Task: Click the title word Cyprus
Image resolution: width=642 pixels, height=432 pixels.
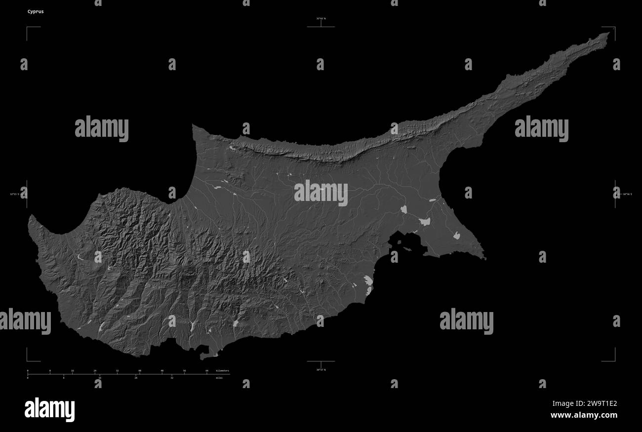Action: pyautogui.click(x=36, y=11)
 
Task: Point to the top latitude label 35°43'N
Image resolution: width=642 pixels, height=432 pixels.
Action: pyautogui.click(x=321, y=19)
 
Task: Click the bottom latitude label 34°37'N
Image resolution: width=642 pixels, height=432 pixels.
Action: pyautogui.click(x=321, y=369)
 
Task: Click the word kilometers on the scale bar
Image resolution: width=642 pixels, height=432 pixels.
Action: pyautogui.click(x=222, y=370)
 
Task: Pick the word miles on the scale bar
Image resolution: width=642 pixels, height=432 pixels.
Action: pyautogui.click(x=219, y=378)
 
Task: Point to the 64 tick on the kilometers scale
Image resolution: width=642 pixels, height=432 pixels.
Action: pyautogui.click(x=207, y=370)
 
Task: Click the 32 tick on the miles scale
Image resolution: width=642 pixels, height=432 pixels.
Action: pyautogui.click(x=172, y=378)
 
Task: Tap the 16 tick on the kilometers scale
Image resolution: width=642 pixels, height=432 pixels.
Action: pyautogui.click(x=73, y=370)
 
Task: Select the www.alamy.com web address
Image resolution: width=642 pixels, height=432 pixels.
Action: pyautogui.click(x=584, y=416)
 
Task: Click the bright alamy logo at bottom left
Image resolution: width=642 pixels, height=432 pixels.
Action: pyautogui.click(x=49, y=410)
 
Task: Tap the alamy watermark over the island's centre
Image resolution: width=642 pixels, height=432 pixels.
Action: pyautogui.click(x=321, y=193)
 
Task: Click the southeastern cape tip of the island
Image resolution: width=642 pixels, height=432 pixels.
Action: pyautogui.click(x=484, y=258)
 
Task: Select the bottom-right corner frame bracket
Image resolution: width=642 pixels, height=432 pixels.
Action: pyautogui.click(x=614, y=360)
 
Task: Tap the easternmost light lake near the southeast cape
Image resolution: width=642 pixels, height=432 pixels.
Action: pyautogui.click(x=456, y=236)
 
